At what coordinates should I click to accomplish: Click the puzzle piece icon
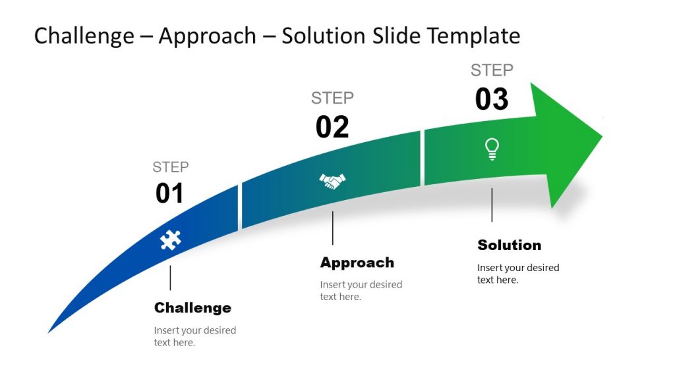tap(170, 240)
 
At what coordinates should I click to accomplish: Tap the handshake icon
tap(332, 181)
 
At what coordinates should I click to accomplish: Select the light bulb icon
tap(492, 149)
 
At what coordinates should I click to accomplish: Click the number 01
tap(169, 193)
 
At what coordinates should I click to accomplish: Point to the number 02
tap(332, 127)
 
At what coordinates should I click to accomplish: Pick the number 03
tap(492, 99)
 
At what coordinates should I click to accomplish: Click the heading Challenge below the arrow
tap(192, 308)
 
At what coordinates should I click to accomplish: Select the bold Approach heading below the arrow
tap(357, 263)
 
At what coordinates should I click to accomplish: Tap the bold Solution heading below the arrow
tap(509, 245)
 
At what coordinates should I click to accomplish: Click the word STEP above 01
tap(170, 167)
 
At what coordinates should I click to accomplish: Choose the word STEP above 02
tap(332, 98)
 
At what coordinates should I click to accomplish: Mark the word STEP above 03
tap(492, 70)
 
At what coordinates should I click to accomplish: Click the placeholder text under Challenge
tap(194, 336)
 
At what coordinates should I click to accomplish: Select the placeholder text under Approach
tap(361, 290)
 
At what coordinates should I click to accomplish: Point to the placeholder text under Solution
tap(517, 273)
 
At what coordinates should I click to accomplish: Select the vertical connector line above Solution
tap(492, 205)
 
